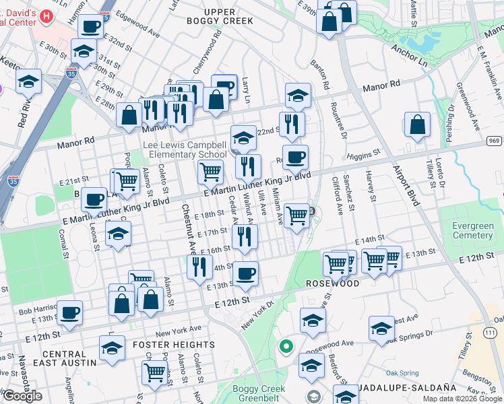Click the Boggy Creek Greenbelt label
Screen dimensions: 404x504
click(259, 394)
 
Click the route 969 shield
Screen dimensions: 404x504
click(495, 141)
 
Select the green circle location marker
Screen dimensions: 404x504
click(286, 347)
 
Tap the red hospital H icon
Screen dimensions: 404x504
click(46, 15)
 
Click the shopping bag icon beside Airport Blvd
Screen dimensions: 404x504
click(418, 125)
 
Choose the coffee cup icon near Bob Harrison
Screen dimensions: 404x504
click(70, 312)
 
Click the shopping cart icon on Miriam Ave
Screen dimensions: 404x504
click(296, 215)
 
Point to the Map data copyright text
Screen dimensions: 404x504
click(462, 399)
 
